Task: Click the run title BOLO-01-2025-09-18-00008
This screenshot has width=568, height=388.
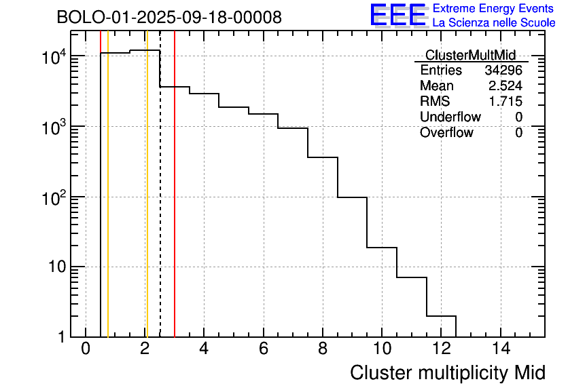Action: (x=169, y=18)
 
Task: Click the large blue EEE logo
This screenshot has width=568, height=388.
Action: (x=398, y=15)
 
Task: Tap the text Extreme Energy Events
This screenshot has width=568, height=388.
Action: (x=493, y=8)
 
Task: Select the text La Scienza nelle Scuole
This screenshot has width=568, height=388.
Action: (x=494, y=22)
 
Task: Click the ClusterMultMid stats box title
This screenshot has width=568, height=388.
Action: (x=470, y=55)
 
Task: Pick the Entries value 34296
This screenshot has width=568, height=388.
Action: (x=503, y=71)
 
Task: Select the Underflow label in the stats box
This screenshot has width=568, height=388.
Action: (x=450, y=117)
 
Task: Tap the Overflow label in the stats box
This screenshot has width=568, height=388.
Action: (x=446, y=132)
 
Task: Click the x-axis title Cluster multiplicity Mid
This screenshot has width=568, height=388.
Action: (x=447, y=372)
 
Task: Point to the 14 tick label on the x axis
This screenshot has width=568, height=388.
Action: (x=501, y=349)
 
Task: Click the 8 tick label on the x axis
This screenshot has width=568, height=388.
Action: (x=323, y=349)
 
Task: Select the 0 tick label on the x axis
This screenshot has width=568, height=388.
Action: (x=86, y=349)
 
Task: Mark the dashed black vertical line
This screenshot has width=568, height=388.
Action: (x=160, y=203)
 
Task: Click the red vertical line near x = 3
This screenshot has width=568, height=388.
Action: (x=175, y=203)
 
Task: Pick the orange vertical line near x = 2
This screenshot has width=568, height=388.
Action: (x=146, y=203)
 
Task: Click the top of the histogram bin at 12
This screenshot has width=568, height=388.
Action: (x=441, y=316)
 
